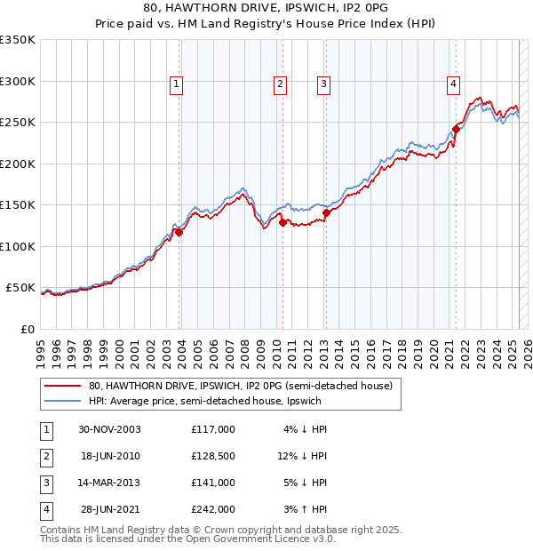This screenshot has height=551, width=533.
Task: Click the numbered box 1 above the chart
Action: (177, 84)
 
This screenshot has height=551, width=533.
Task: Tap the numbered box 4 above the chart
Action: (453, 84)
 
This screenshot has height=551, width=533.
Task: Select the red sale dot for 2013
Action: (326, 212)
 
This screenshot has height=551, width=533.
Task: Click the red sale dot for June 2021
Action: (456, 129)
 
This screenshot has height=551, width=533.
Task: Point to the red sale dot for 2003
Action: (179, 232)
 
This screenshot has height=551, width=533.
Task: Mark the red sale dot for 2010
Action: (282, 223)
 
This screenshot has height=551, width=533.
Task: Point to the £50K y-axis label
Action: (20, 288)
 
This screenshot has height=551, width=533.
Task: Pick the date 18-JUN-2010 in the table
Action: (111, 456)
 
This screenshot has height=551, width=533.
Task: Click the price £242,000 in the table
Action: (213, 509)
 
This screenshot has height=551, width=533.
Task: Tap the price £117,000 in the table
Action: (213, 429)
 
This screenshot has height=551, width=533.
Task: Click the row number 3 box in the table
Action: (44, 483)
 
